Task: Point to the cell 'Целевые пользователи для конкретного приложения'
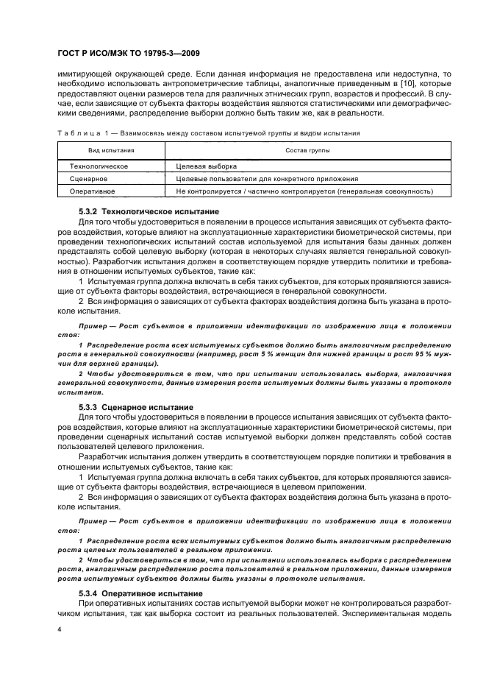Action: click(x=267, y=178)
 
